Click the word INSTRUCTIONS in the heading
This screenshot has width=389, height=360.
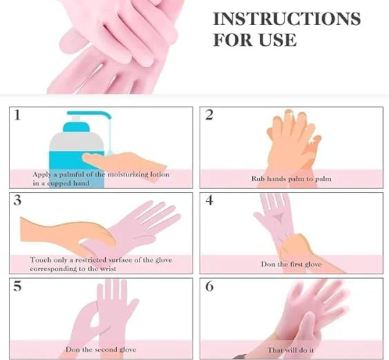point(286,19)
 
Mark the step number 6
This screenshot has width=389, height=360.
point(209,287)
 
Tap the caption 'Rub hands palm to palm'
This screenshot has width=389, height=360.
point(291,179)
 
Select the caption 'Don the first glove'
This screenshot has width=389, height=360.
point(291,264)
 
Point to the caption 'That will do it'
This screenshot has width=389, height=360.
point(291,349)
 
